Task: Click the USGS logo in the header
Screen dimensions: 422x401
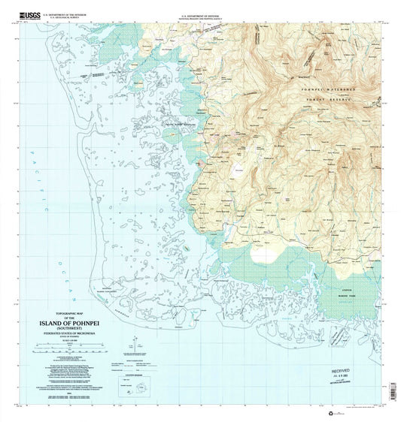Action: [x=31, y=15]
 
